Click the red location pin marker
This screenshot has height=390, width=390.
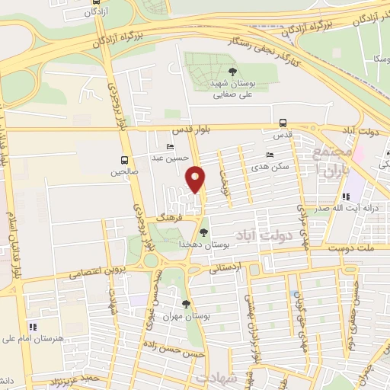[x=196, y=180]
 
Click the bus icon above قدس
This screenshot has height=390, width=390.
[x=283, y=123]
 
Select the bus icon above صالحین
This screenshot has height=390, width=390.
[x=123, y=160]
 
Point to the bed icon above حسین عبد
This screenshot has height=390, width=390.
[x=169, y=147]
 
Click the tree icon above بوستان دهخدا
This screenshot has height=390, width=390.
[x=203, y=232]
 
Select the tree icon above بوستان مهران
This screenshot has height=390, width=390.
[x=186, y=304]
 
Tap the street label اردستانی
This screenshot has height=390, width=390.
[x=225, y=268]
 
